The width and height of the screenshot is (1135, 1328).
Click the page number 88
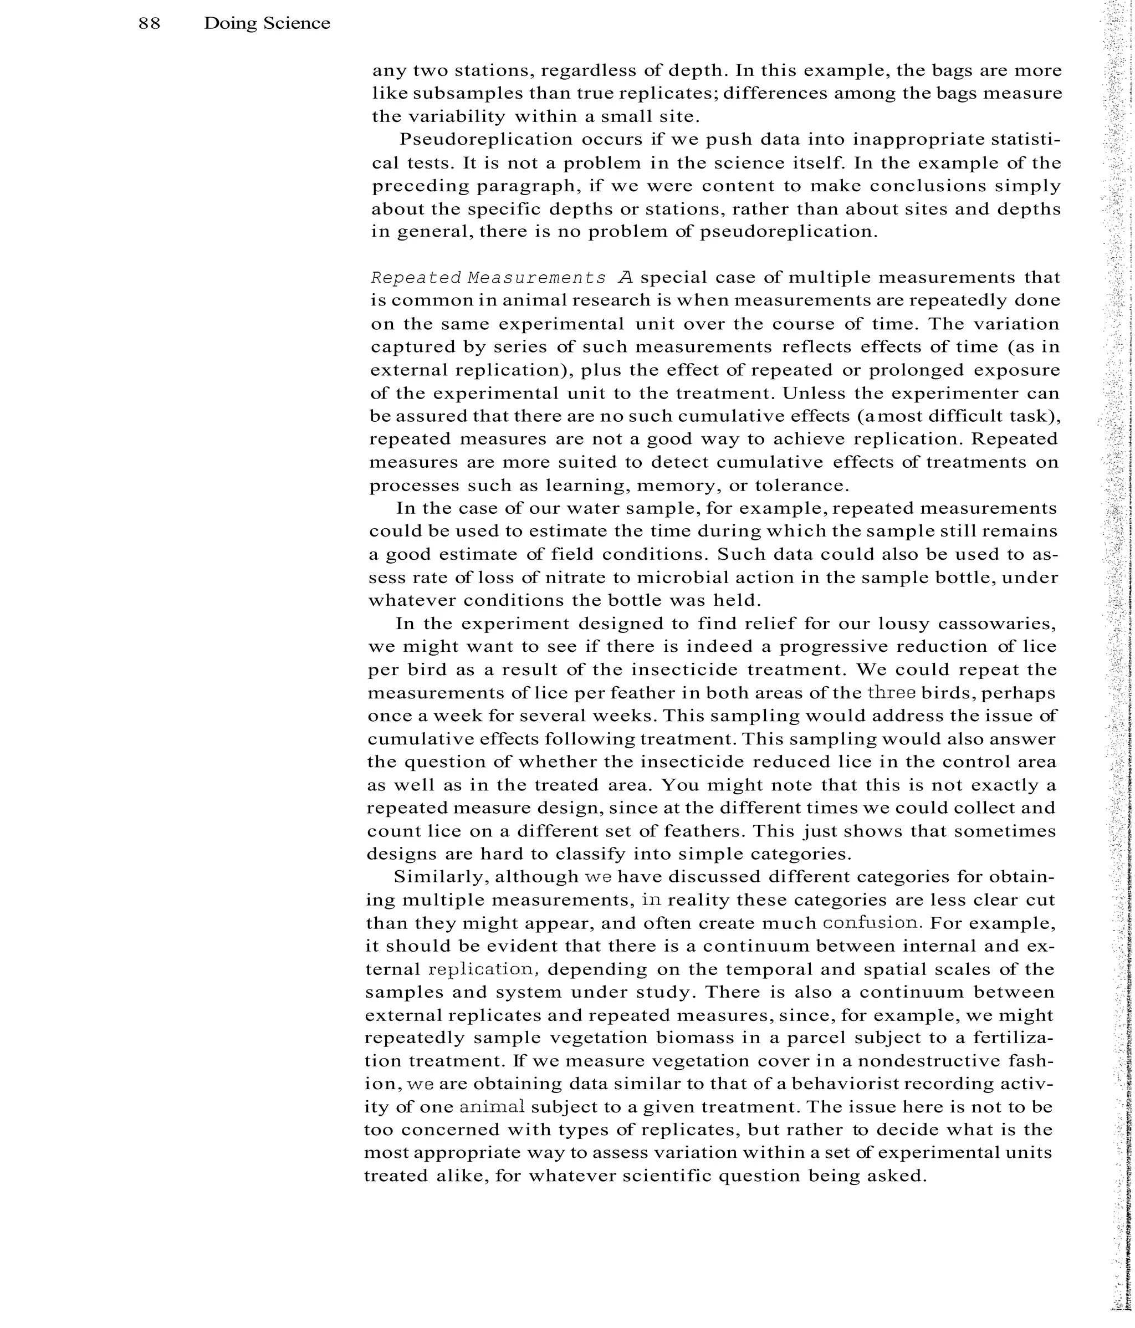tap(149, 24)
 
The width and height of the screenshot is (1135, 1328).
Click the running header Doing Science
tap(267, 24)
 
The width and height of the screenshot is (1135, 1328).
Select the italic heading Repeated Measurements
tap(488, 278)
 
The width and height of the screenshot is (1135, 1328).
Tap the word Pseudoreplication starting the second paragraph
tap(486, 140)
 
